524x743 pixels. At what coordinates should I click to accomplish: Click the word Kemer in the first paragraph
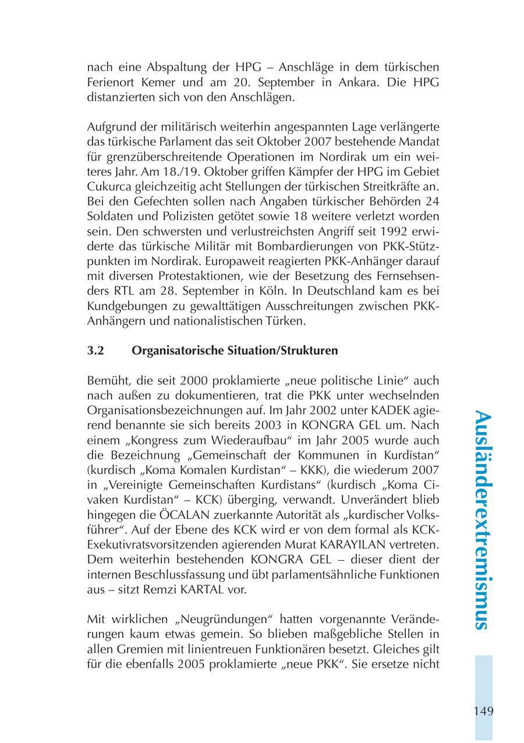coord(160,82)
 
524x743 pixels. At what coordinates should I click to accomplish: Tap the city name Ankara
coord(353,82)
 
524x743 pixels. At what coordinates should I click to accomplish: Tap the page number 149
coord(483,711)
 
